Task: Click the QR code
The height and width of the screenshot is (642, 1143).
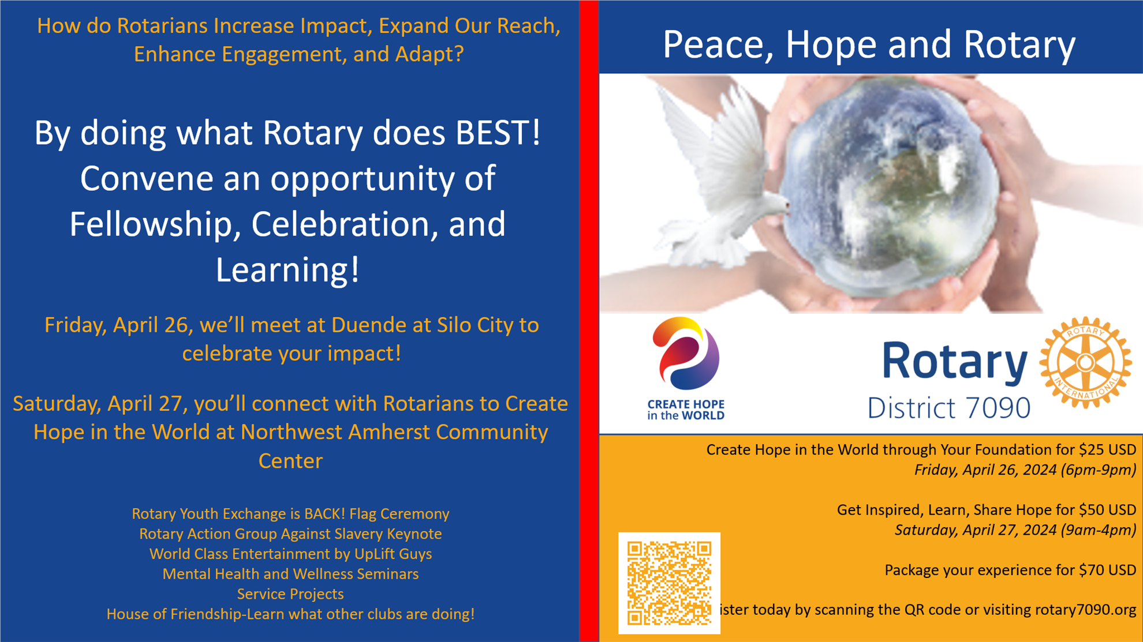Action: point(669,583)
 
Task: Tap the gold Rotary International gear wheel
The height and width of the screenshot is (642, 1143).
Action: point(1085,363)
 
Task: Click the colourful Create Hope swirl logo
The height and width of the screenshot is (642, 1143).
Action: point(686,353)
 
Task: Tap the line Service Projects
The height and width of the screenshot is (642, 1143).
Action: point(290,594)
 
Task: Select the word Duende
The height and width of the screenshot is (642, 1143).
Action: point(368,325)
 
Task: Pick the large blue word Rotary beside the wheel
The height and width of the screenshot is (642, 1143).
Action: point(955,362)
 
